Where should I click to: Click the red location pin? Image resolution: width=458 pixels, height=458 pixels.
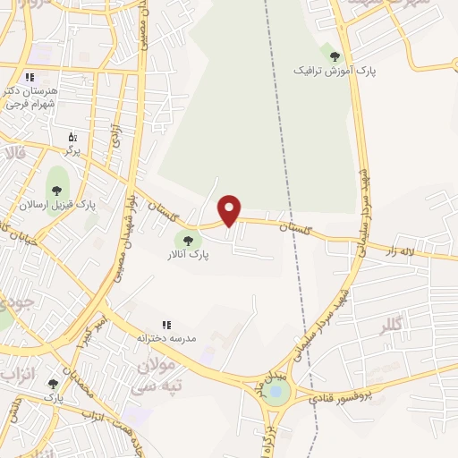(x=230, y=209)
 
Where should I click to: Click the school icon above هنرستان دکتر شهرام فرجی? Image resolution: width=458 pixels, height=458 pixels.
(x=30, y=77)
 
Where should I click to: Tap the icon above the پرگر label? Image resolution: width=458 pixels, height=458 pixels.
(x=73, y=137)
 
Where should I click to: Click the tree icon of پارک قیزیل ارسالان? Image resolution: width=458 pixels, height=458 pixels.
(x=57, y=190)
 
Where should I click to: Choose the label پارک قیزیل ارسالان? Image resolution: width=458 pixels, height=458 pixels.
(x=57, y=205)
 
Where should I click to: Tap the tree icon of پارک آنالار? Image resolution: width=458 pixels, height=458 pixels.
(x=187, y=239)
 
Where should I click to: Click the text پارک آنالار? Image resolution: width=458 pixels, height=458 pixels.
(x=187, y=254)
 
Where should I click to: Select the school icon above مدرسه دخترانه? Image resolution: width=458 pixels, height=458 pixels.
(x=165, y=325)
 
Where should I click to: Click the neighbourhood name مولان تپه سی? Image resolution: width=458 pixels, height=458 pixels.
(x=158, y=375)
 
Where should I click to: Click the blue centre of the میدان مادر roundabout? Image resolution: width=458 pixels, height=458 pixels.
(x=276, y=390)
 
